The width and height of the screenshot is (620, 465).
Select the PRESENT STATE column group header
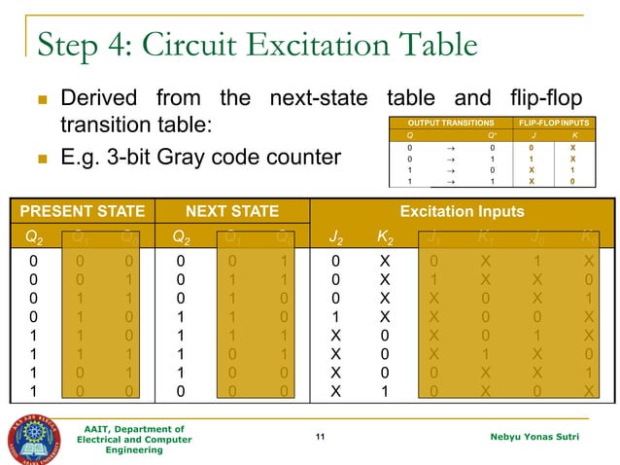83,211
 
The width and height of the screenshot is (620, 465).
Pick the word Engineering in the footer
135,450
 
